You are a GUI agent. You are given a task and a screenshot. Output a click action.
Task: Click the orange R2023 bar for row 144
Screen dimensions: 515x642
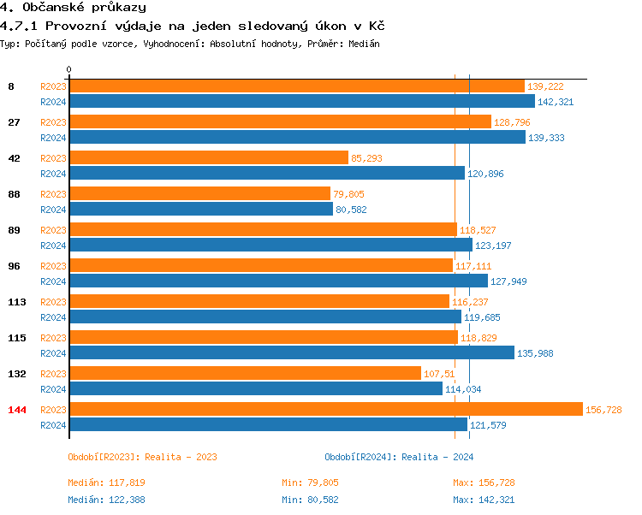click(325, 409)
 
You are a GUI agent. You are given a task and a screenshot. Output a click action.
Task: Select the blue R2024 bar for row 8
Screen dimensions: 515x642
click(301, 101)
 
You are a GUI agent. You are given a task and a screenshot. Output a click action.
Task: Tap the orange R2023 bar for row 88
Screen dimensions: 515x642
click(199, 193)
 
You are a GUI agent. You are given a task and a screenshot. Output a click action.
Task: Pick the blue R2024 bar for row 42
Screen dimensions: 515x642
click(266, 173)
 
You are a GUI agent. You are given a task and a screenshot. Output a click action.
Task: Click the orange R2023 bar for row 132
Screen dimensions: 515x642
click(245, 373)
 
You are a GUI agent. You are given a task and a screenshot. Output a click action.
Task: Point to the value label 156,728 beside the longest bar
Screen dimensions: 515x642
click(603, 410)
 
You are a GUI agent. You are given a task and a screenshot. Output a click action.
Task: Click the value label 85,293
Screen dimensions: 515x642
click(366, 158)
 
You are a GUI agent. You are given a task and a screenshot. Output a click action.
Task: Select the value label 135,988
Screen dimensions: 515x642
click(534, 353)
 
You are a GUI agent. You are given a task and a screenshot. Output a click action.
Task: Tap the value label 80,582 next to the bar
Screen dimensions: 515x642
click(351, 210)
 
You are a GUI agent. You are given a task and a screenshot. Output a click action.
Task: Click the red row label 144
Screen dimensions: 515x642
click(17, 410)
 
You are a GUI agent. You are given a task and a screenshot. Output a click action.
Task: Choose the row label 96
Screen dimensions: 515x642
click(14, 266)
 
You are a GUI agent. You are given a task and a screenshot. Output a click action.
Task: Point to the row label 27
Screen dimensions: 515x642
click(14, 122)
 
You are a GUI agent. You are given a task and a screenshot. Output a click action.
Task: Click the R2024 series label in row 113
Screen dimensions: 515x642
click(53, 317)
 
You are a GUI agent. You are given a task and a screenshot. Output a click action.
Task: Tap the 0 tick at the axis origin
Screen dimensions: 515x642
click(69, 69)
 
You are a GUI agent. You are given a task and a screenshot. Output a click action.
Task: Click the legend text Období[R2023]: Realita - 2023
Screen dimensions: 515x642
click(142, 457)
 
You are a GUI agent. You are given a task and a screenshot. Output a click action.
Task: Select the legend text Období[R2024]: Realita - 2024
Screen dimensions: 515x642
click(399, 457)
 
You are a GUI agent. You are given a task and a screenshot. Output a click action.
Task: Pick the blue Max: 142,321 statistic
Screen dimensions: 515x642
click(484, 500)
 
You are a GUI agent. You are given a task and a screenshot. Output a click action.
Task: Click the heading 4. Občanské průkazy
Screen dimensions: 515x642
click(73, 8)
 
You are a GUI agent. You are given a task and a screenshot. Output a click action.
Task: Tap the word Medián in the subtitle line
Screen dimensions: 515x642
click(362, 43)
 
